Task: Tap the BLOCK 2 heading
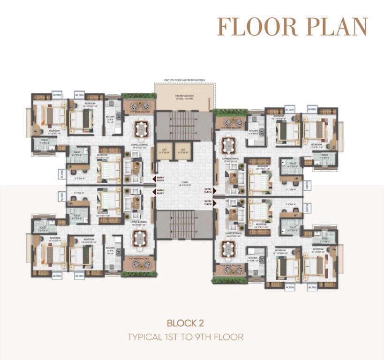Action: (x=192, y=323)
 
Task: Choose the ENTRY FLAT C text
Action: (x=160, y=192)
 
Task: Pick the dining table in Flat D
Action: (x=141, y=127)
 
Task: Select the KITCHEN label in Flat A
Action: (x=253, y=132)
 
